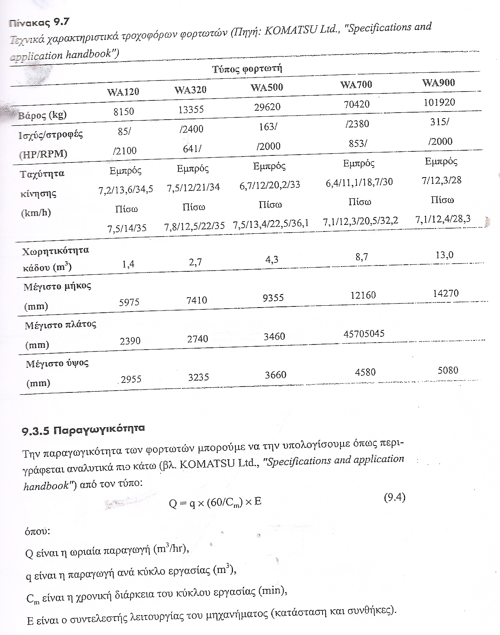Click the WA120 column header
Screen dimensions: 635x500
pyautogui.click(x=123, y=92)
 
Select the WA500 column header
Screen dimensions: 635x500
pyautogui.click(x=267, y=87)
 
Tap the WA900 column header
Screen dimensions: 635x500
pyautogui.click(x=439, y=83)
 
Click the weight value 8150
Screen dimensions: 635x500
pyautogui.click(x=124, y=111)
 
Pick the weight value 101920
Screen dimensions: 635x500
pyautogui.click(x=439, y=102)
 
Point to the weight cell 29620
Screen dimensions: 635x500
pyautogui.click(x=267, y=107)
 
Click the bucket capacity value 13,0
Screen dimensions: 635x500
pyautogui.click(x=445, y=255)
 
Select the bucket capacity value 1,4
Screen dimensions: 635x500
pyautogui.click(x=128, y=264)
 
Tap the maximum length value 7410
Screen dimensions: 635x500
pyautogui.click(x=197, y=300)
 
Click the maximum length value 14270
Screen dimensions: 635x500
pyautogui.click(x=446, y=294)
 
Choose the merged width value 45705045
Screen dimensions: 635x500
pyautogui.click(x=364, y=333)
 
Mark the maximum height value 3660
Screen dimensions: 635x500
pyautogui.click(x=276, y=375)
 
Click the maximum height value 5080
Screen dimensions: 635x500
pyautogui.click(x=448, y=370)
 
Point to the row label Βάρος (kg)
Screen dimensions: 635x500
pyautogui.click(x=43, y=115)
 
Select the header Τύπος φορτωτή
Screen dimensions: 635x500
pyautogui.click(x=247, y=69)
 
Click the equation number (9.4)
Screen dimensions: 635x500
pyautogui.click(x=395, y=498)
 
